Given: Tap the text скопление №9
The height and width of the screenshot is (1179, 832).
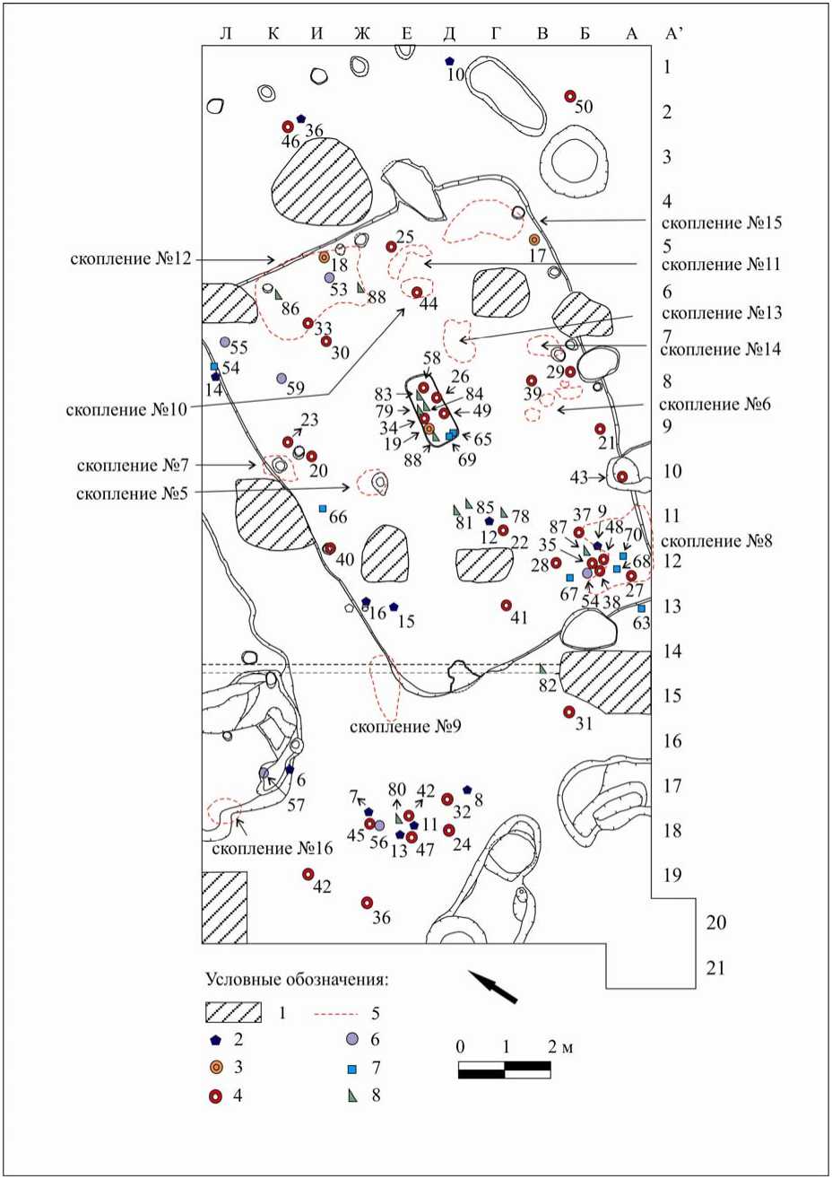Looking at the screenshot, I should [x=404, y=725].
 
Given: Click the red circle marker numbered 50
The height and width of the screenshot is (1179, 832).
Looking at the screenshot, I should [x=569, y=96].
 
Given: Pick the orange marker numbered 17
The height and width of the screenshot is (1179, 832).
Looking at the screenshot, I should [x=534, y=240].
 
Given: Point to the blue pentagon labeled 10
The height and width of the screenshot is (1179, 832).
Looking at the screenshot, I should [x=450, y=61].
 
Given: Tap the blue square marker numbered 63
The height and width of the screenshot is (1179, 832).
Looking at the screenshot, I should [x=641, y=608].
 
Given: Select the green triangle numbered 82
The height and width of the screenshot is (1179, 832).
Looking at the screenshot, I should [x=542, y=669].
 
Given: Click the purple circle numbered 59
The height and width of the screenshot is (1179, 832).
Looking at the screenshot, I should [x=282, y=378].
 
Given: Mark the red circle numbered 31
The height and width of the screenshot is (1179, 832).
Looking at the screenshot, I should [x=568, y=712].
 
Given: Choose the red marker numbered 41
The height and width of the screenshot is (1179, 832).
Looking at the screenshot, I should [x=507, y=605].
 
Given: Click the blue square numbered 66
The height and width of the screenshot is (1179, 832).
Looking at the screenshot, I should [x=323, y=509].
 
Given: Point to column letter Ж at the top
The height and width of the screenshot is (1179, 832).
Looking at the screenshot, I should [x=362, y=34].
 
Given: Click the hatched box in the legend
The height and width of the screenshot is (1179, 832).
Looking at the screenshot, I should [x=233, y=1012].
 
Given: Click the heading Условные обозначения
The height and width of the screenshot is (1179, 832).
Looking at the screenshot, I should [x=302, y=978].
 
